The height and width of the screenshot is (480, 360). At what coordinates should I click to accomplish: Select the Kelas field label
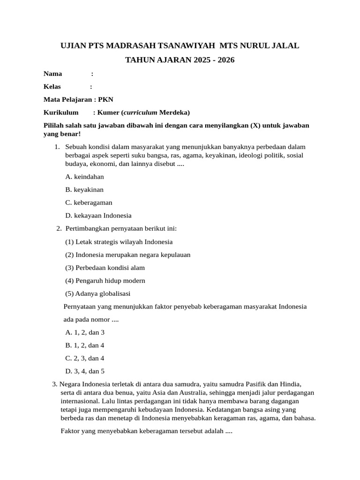pyautogui.click(x=52, y=86)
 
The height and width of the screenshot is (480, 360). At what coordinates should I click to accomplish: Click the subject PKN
pyautogui.click(x=105, y=99)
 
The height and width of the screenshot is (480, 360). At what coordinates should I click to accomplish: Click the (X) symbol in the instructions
pyautogui.click(x=255, y=126)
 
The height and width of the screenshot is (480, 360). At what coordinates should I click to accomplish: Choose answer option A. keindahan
pyautogui.click(x=84, y=177)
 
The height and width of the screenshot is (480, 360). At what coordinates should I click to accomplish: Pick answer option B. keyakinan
pyautogui.click(x=84, y=190)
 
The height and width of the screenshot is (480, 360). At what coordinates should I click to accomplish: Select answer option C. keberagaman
pyautogui.click(x=89, y=202)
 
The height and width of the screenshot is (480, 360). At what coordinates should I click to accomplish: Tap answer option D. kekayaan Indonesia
pyautogui.click(x=98, y=216)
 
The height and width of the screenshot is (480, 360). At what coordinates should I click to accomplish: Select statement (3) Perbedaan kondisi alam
pyautogui.click(x=105, y=268)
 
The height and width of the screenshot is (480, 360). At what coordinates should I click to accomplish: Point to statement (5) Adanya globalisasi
pyautogui.click(x=97, y=293)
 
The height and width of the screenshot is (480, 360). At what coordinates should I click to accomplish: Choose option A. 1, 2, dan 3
pyautogui.click(x=84, y=332)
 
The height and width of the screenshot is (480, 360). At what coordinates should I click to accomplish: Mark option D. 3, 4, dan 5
pyautogui.click(x=85, y=371)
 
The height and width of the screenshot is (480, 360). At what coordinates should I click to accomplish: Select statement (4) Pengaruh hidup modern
pyautogui.click(x=105, y=281)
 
